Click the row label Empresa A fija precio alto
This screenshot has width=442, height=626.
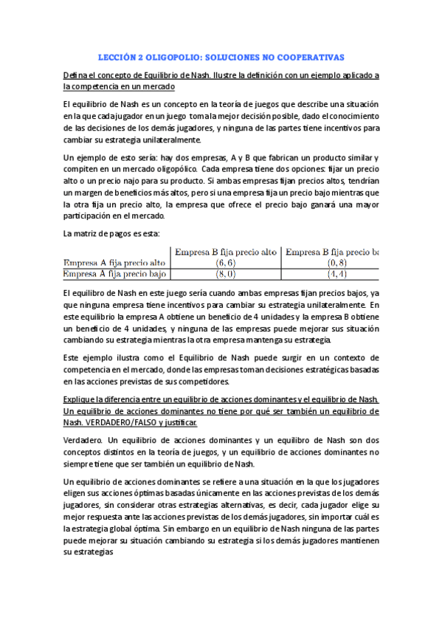[114, 262]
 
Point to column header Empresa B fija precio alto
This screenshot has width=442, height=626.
[225, 251]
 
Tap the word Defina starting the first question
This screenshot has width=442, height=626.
[75, 75]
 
